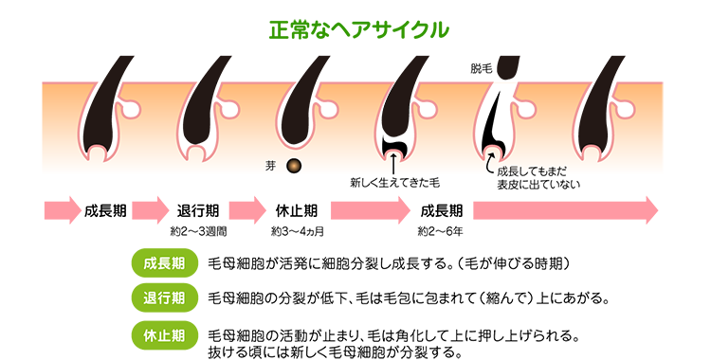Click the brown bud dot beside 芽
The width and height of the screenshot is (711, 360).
(294, 166)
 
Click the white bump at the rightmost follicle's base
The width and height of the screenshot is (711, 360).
(592, 151)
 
